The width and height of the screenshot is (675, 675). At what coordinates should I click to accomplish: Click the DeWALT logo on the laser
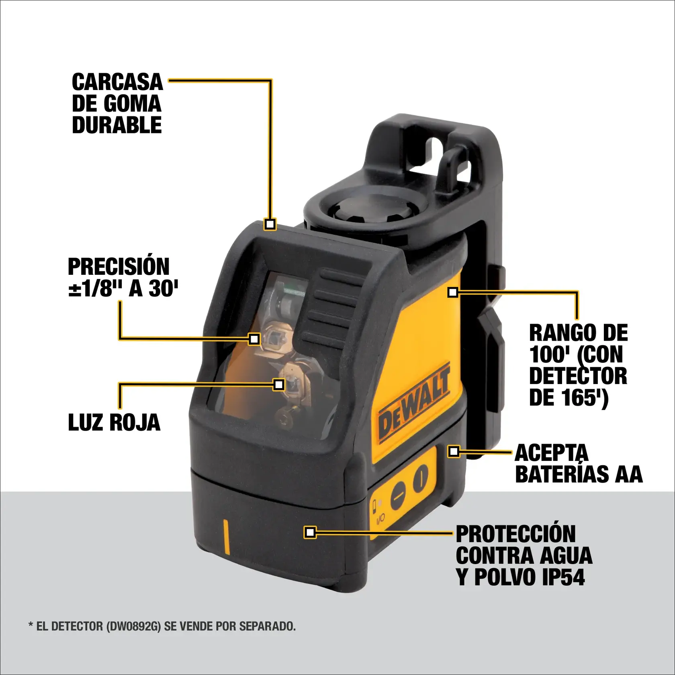(x=414, y=406)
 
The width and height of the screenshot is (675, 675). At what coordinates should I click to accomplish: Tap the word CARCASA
(x=117, y=82)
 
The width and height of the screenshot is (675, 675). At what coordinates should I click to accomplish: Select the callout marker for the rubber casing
(x=270, y=224)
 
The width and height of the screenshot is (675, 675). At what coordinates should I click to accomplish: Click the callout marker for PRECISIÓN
(x=254, y=339)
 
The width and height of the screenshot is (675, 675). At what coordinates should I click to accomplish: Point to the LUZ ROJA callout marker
(x=278, y=385)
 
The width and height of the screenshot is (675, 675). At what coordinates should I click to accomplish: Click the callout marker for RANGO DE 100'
(x=453, y=292)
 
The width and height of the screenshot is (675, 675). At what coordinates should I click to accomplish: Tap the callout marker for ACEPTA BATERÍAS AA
(x=454, y=451)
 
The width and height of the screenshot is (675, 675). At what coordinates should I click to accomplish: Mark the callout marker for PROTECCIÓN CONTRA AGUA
(x=310, y=532)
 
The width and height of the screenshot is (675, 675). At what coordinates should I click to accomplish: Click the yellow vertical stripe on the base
(x=226, y=537)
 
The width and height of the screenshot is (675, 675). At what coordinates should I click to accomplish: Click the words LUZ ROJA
(x=114, y=423)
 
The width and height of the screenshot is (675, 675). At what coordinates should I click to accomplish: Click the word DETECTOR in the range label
(x=578, y=376)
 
